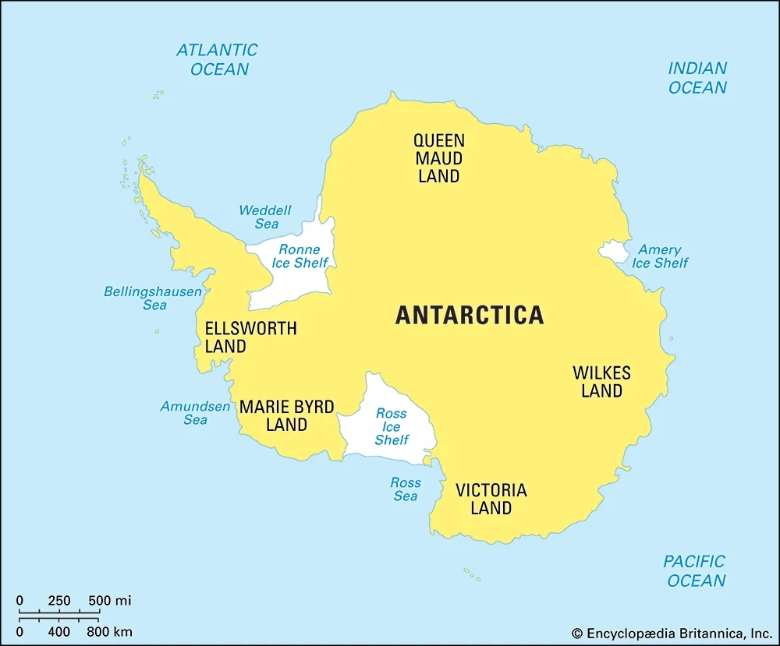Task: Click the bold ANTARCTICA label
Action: point(470,315)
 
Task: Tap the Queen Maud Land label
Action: point(438,158)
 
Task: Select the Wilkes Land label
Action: point(601,382)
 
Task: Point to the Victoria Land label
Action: point(491,500)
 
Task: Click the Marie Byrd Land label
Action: point(286,416)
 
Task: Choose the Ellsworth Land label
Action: point(250,337)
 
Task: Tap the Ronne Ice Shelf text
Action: point(300,256)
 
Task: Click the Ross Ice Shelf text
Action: point(392,427)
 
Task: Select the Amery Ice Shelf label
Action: point(660,256)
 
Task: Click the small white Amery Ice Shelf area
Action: point(614,252)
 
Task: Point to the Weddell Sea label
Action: point(265,217)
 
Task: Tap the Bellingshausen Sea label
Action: point(153,298)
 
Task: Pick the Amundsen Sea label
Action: point(195,413)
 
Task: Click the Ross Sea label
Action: point(405,489)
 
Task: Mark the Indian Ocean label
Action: point(697,78)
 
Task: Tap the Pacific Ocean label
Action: point(695,570)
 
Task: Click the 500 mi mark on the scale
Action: point(108,601)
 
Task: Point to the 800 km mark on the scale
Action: point(108,630)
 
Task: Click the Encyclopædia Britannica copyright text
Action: point(672,634)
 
